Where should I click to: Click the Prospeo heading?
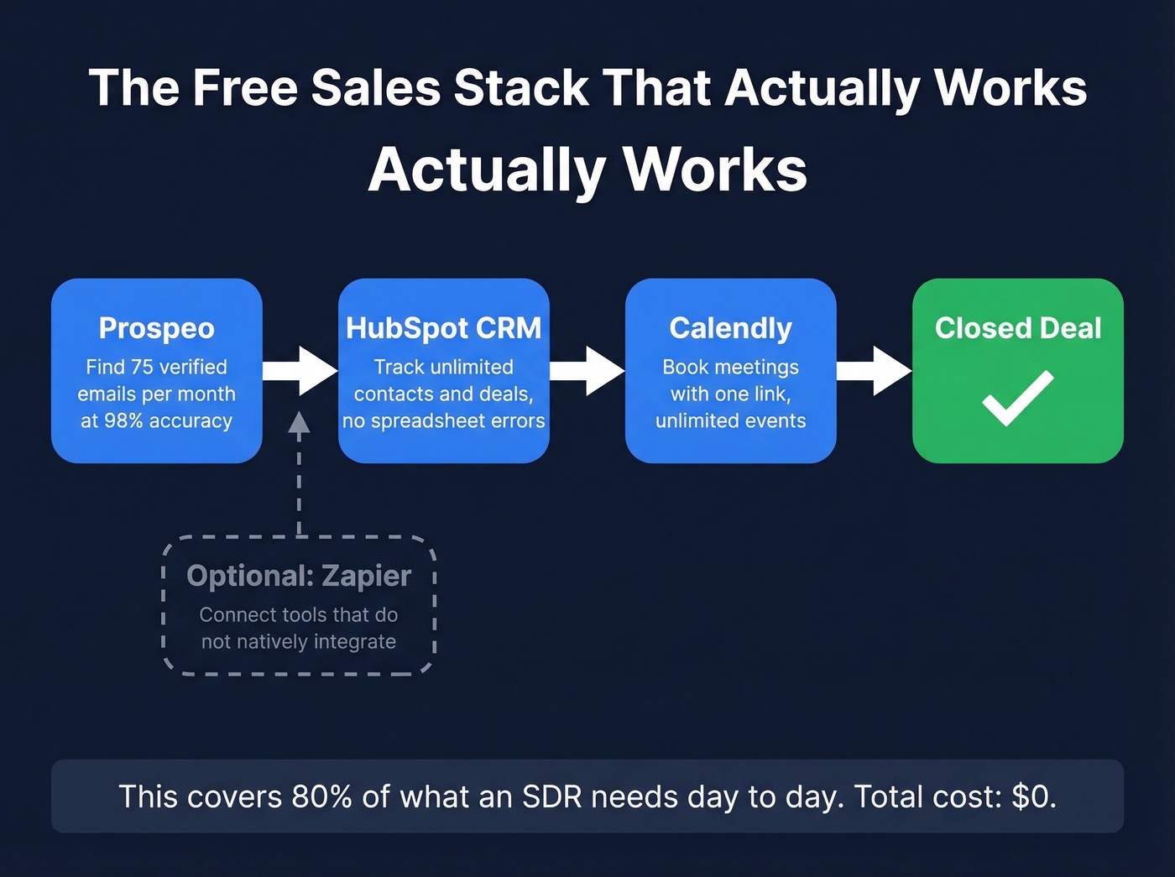click(x=157, y=328)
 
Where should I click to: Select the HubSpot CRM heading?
click(x=443, y=328)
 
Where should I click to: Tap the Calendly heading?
click(x=730, y=328)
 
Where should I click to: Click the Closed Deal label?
click(x=1018, y=328)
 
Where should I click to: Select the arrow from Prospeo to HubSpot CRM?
click(x=300, y=371)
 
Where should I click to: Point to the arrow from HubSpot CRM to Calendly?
click(x=587, y=371)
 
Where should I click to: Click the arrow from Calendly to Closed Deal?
click(x=875, y=371)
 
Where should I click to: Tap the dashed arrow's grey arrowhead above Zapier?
click(x=299, y=421)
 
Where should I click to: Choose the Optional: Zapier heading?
click(x=299, y=576)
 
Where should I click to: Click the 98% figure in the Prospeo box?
click(x=123, y=420)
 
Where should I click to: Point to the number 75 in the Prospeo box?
click(x=142, y=367)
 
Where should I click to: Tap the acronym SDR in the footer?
click(x=551, y=796)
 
